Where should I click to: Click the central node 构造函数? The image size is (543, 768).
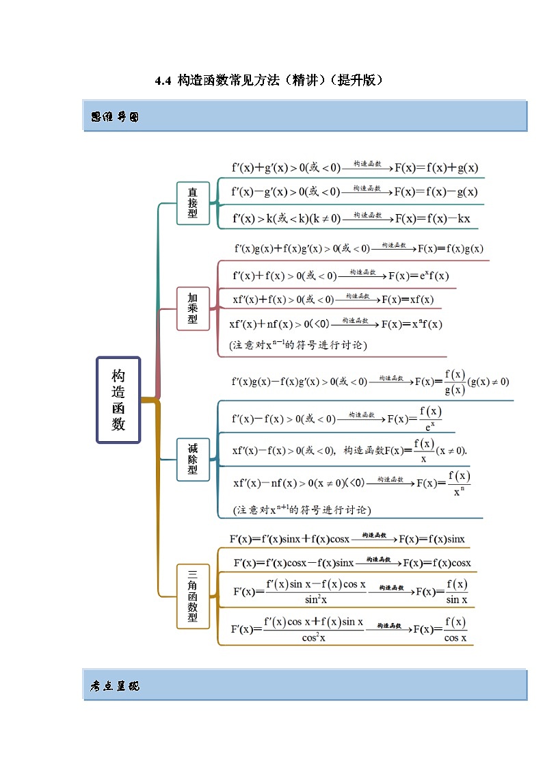coord(118,400)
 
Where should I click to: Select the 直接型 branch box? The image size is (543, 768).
coord(193,203)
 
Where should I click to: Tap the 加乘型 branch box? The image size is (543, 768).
coord(193,308)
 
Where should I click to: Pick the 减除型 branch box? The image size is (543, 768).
coord(193,458)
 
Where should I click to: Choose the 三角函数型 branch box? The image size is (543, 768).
coord(193,596)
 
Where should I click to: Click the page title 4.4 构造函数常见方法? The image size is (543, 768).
coord(269,81)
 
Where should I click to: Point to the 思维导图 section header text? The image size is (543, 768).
coord(115,117)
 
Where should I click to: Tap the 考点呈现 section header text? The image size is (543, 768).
coord(115,686)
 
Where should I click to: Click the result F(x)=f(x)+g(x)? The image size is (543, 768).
coord(436,168)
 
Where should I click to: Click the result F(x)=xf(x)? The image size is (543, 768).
coord(408,300)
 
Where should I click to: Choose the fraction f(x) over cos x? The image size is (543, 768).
coord(455,630)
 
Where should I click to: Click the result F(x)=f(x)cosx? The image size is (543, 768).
coord(437,563)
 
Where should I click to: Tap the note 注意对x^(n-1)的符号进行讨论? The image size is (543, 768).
coord(298,346)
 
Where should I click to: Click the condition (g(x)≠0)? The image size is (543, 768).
coord(488,382)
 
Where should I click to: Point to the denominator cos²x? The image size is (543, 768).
coord(313,637)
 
